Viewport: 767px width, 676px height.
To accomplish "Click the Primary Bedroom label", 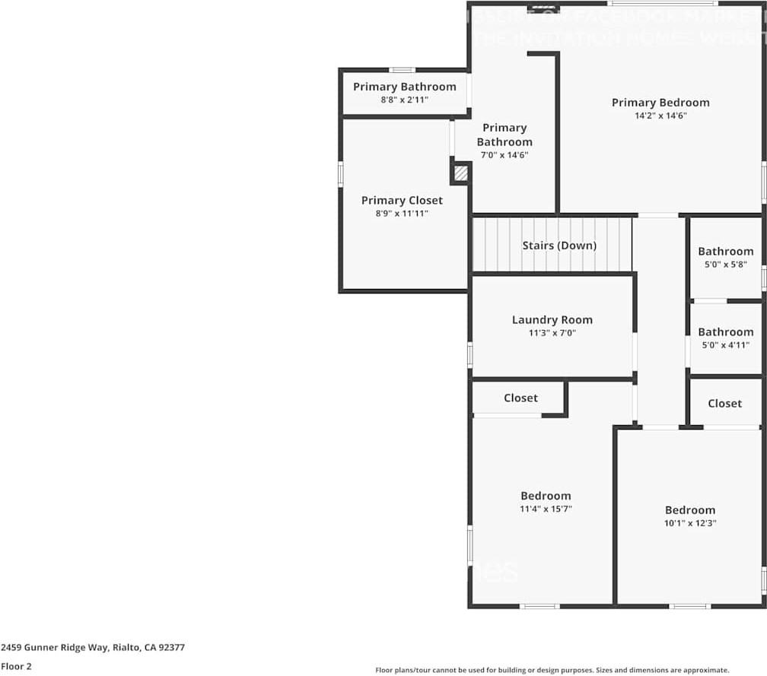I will (660, 103).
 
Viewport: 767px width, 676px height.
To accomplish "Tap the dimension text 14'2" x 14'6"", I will (660, 116).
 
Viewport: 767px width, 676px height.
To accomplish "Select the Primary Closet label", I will (402, 201).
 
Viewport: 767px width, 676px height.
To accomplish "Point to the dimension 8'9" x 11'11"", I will (402, 214).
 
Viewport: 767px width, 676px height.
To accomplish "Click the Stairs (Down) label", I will (559, 246).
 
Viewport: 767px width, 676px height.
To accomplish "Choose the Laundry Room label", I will (552, 320).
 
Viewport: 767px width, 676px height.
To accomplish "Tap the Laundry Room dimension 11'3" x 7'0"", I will (552, 333).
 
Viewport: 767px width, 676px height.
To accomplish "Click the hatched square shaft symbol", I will (460, 173).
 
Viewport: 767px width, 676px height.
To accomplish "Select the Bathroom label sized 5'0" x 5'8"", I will (726, 252).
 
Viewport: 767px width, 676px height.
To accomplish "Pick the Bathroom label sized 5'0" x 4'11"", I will (726, 332).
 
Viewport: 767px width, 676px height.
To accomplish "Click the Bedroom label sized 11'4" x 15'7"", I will (546, 496).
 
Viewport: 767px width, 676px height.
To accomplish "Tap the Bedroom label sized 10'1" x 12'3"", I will (690, 510).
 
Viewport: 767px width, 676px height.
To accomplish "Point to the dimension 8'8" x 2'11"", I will (405, 100).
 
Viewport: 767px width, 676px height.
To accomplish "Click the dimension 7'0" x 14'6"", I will (504, 155).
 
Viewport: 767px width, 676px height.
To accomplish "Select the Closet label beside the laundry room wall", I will (520, 398).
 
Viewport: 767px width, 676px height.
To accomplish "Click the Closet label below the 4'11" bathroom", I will (724, 404).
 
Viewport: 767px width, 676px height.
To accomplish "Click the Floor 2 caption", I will (16, 666).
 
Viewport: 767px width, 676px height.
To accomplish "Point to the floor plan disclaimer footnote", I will (552, 670).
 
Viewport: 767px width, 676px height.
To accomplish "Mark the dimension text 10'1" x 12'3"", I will (690, 523).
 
